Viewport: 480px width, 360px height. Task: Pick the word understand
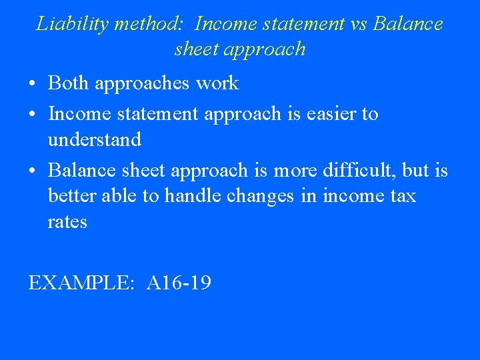(94, 140)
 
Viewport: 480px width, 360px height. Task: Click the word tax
(401, 196)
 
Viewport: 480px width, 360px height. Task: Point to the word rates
(67, 222)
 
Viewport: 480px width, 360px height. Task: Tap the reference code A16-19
(179, 283)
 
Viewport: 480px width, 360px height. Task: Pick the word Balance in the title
(408, 25)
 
